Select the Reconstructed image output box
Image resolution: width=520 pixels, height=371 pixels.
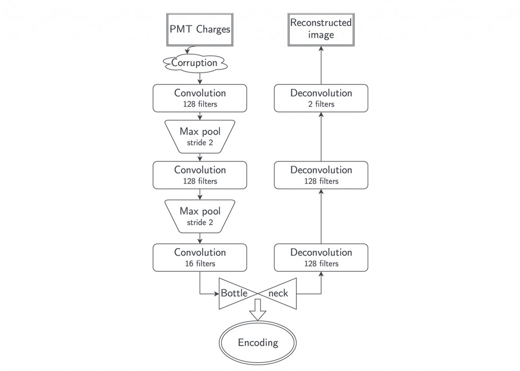(321, 29)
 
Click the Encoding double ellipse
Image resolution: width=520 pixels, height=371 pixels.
(258, 343)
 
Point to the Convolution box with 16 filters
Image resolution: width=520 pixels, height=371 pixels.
(200, 257)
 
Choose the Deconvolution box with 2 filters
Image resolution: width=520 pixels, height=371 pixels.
(321, 98)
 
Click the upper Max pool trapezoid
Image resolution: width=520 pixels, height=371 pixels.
(200, 136)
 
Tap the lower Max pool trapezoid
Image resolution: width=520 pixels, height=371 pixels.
(200, 216)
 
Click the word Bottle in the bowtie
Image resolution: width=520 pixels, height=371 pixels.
(234, 293)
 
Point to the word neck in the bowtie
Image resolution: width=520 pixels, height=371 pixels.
(278, 293)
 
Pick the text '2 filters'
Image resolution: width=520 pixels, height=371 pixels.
(321, 104)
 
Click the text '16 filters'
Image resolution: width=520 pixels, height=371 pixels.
(200, 263)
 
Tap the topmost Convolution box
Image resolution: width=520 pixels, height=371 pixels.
(200, 98)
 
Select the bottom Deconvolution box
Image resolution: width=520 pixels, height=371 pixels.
(321, 257)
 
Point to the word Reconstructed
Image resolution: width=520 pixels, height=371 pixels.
(321, 23)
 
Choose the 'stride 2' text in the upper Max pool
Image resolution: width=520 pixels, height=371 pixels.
(200, 142)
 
